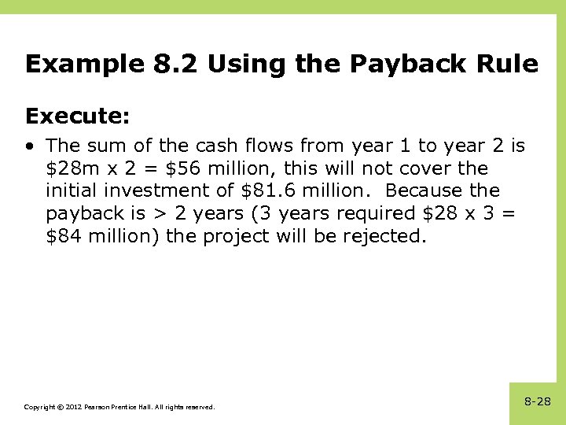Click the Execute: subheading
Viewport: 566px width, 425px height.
pyautogui.click(x=77, y=116)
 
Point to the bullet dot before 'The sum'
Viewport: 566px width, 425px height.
pyautogui.click(x=29, y=146)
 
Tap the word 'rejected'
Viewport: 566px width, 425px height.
pyautogui.click(x=387, y=237)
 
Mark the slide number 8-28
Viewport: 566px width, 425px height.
pyautogui.click(x=538, y=401)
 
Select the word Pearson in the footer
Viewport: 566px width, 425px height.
pyautogui.click(x=97, y=407)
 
